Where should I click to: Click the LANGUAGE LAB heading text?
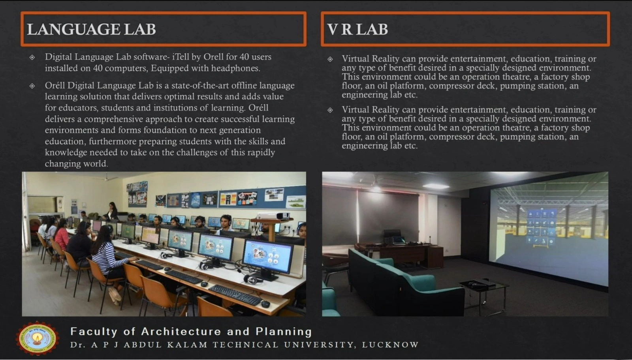tap(91, 29)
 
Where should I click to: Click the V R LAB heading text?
tap(357, 29)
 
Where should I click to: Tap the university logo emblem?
tap(37, 338)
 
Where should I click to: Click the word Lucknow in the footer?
tap(390, 345)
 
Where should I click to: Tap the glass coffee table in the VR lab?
tap(483, 286)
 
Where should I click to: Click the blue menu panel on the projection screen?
tap(541, 227)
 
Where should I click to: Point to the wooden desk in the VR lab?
tap(411, 253)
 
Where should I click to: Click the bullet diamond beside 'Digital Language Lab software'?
tap(32, 57)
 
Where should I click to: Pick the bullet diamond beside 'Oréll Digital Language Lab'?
tap(32, 86)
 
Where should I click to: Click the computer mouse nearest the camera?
tap(265, 304)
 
